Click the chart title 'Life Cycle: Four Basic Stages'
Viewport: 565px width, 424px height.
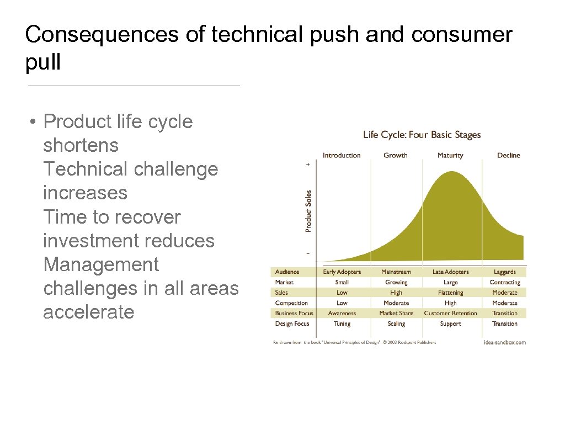click(x=422, y=135)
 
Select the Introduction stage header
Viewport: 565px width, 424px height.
click(x=342, y=155)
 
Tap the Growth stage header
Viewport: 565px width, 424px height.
click(x=395, y=155)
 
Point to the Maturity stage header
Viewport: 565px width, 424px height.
click(x=450, y=155)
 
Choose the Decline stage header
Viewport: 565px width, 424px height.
click(x=508, y=155)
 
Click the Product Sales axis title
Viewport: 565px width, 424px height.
click(x=308, y=211)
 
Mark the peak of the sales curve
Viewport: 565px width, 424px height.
click(x=452, y=172)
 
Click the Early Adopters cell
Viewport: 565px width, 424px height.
click(x=342, y=272)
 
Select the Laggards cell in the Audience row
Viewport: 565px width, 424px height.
click(x=504, y=272)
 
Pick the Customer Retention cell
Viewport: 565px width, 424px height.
click(x=450, y=313)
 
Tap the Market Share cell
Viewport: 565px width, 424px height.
click(x=396, y=313)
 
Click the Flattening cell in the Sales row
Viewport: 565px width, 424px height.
click(x=450, y=293)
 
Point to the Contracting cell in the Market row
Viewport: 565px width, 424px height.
click(x=504, y=282)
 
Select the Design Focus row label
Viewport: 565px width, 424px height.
click(x=292, y=324)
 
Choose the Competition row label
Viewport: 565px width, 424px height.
click(x=291, y=303)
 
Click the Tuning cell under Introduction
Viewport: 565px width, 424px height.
click(x=342, y=324)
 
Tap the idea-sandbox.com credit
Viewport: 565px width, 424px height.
click(x=504, y=342)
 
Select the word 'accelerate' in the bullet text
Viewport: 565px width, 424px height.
click(x=88, y=312)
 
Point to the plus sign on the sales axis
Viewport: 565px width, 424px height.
click(x=308, y=165)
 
